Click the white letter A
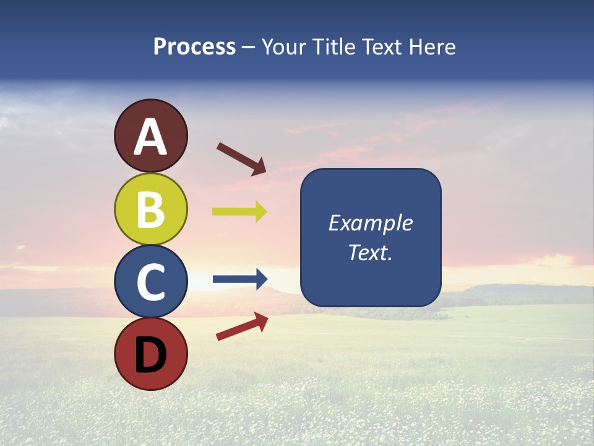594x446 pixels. (150, 138)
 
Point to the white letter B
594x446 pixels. (150, 209)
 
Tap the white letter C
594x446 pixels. (150, 282)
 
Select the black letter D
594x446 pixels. (150, 354)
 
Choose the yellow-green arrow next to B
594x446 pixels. (239, 211)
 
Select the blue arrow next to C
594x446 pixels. (239, 279)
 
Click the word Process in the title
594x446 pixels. (194, 47)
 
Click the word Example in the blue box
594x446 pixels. (370, 223)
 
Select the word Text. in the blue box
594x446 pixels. (370, 253)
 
